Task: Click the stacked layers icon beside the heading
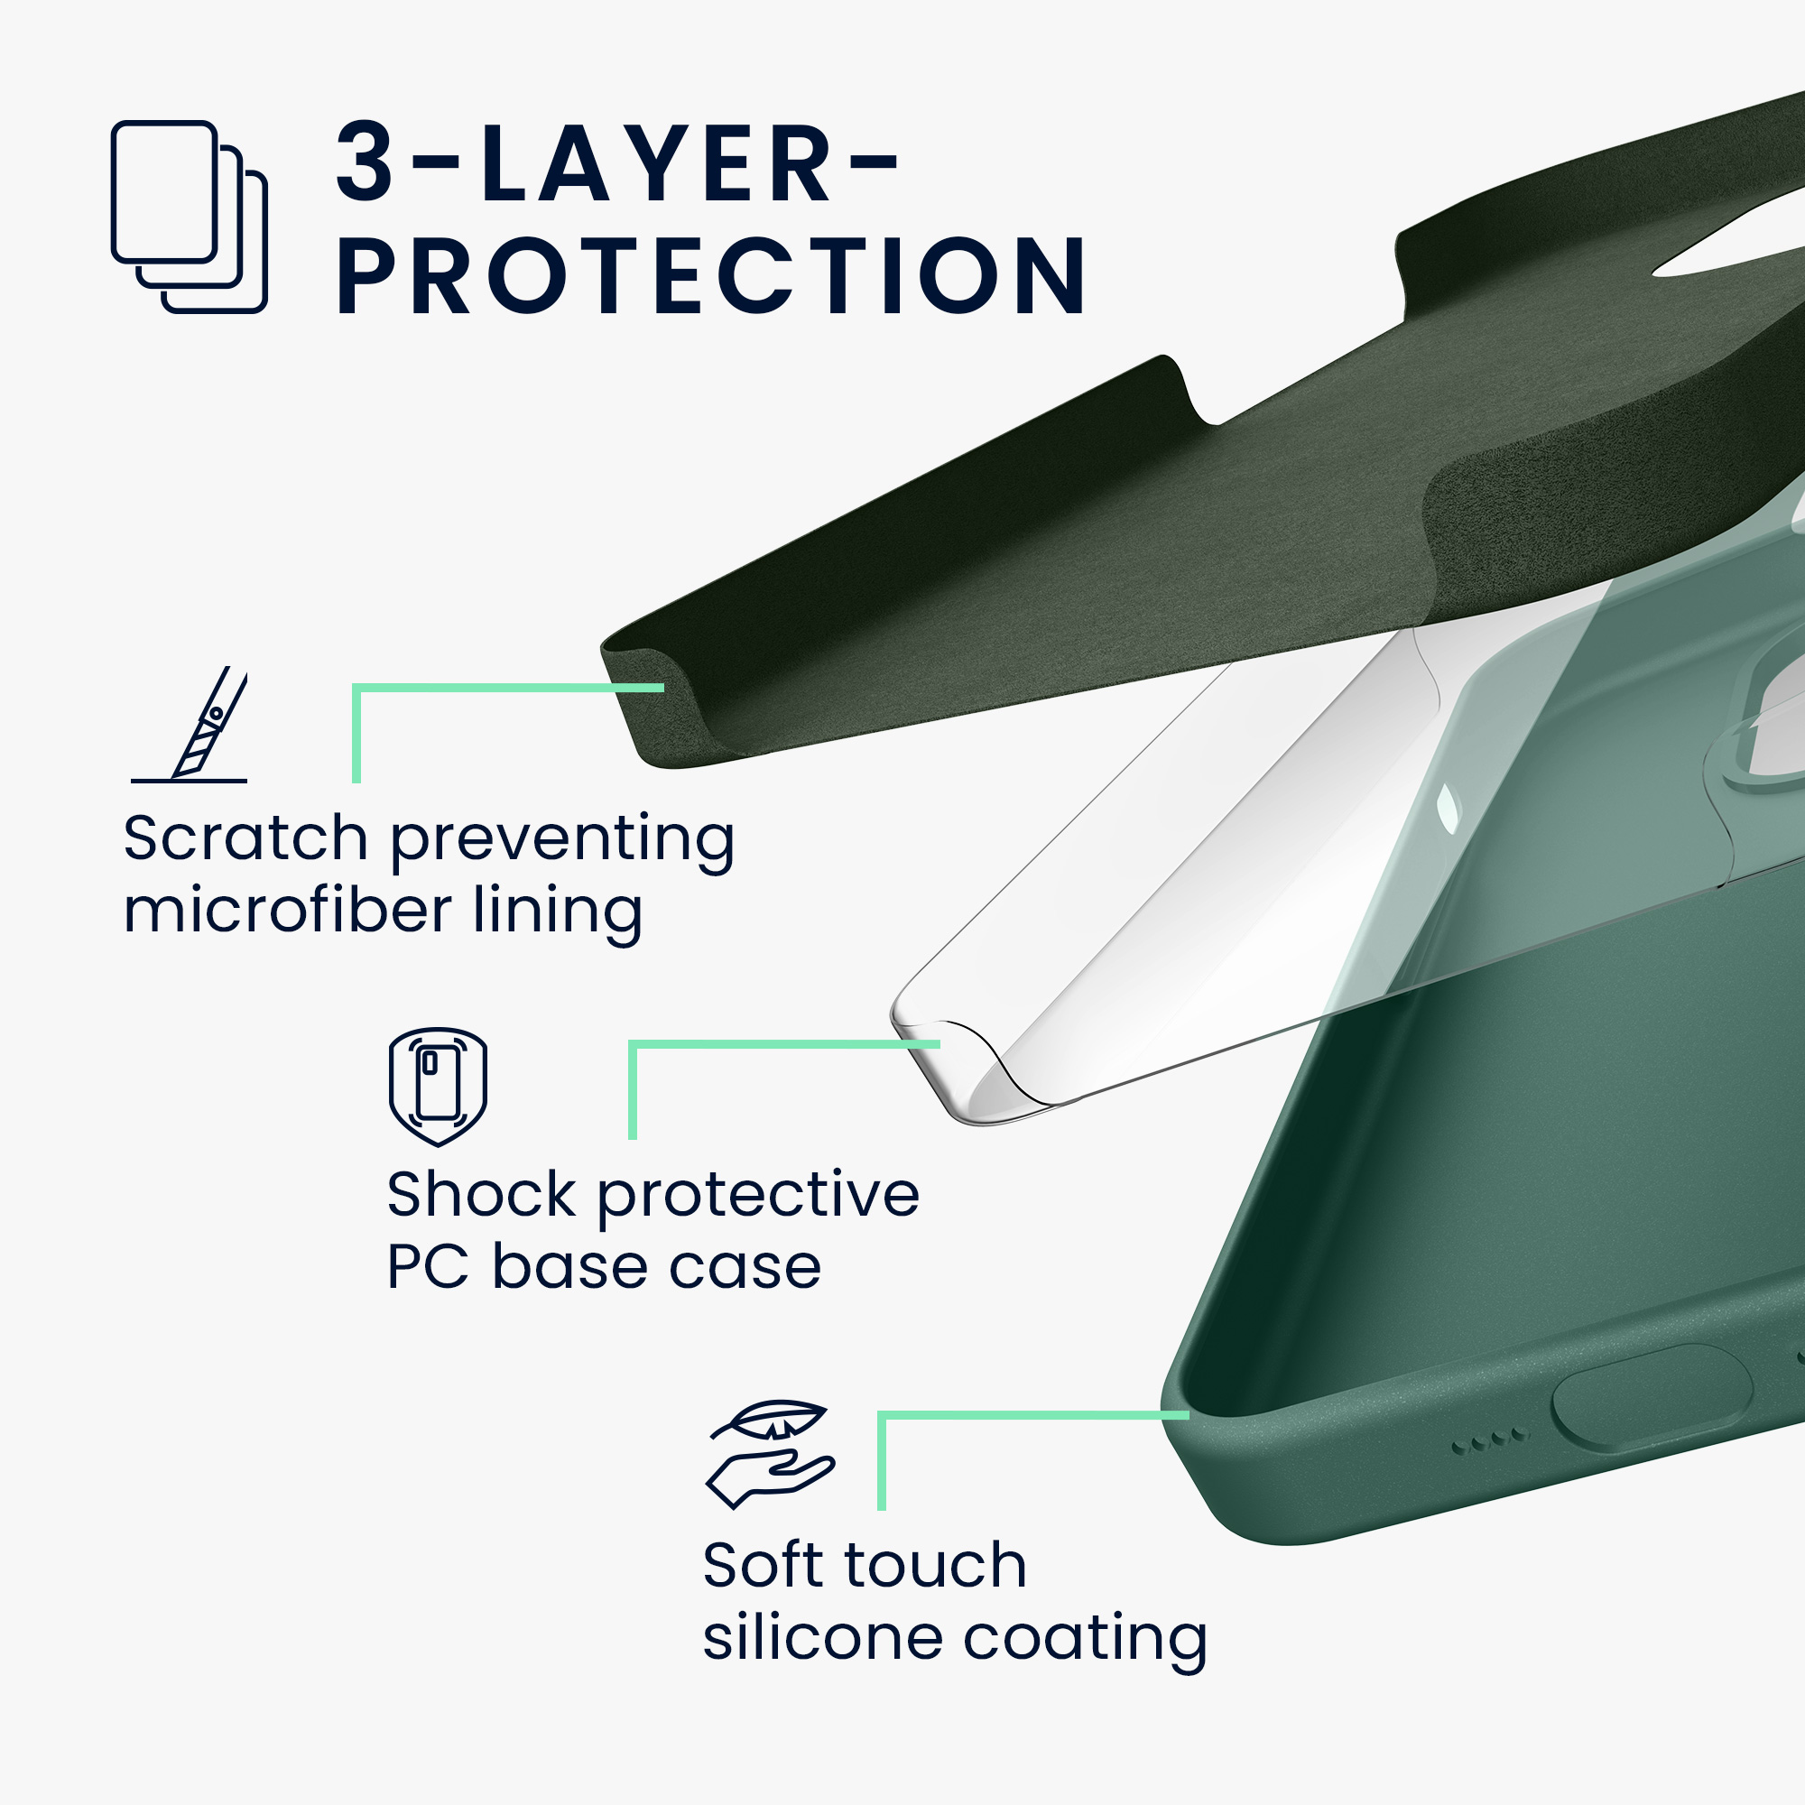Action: point(189,217)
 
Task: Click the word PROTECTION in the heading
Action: point(712,276)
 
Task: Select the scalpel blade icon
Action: point(190,724)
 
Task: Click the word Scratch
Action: point(245,838)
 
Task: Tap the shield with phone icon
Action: point(439,1088)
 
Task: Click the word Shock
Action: point(482,1194)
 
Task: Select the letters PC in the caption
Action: point(428,1267)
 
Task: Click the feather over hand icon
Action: point(770,1455)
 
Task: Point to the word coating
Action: point(1085,1642)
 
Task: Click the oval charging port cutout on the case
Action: point(1651,1399)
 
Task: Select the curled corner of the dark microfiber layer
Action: point(654,700)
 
